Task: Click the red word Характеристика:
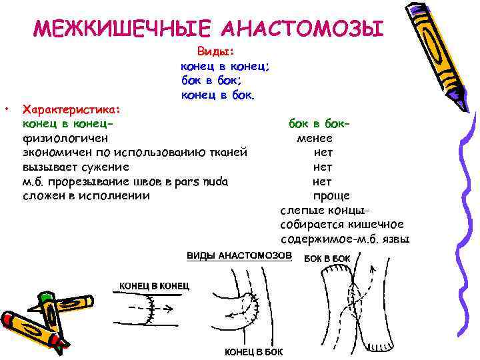pos(71,109)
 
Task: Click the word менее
pos(315,138)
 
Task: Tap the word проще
pos(331,196)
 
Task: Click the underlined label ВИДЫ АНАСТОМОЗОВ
pos(239,256)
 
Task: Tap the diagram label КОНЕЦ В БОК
pos(253,351)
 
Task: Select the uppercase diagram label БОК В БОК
pos(327,258)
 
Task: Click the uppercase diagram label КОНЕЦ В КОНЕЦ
pos(154,285)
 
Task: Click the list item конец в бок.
pos(217,95)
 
